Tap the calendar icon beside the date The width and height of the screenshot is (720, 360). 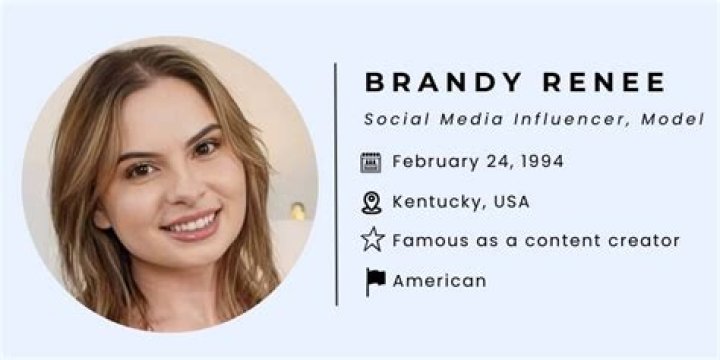[372, 162]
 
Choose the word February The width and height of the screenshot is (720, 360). [430, 161]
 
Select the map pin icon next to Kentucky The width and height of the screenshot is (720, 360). [372, 202]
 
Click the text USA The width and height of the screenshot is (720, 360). [508, 201]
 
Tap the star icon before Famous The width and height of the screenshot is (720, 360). [372, 240]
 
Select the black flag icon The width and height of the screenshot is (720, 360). [374, 281]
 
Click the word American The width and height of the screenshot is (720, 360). [439, 280]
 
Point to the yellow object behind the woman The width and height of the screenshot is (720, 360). [297, 211]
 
